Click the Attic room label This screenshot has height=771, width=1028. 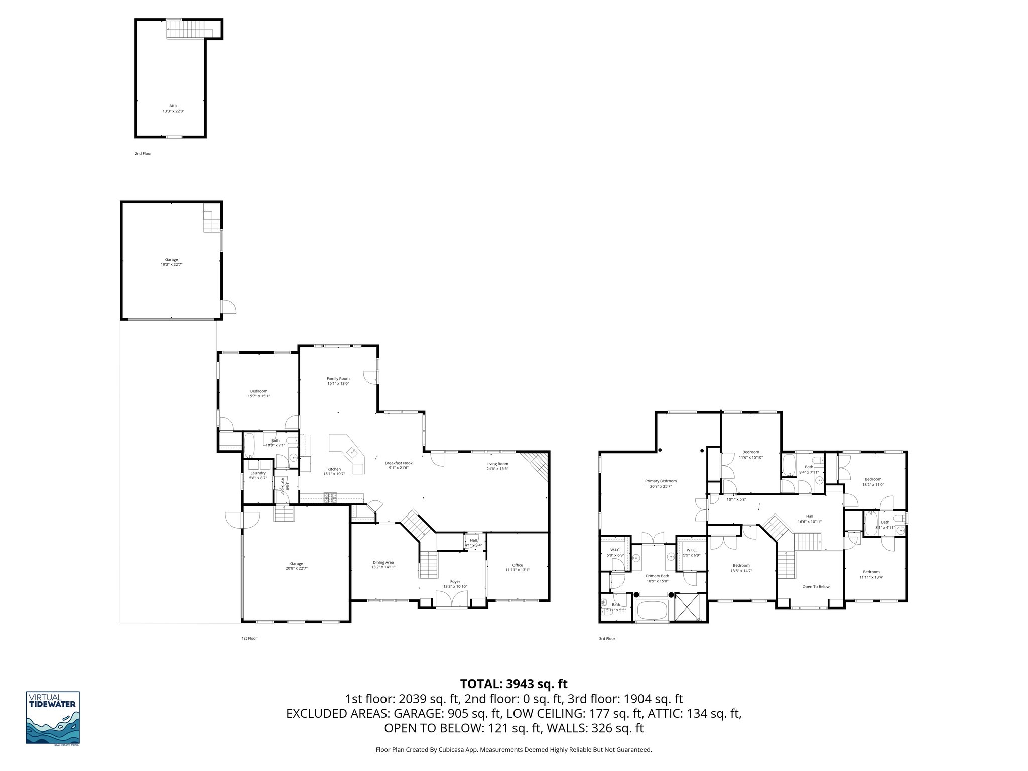coord(173,108)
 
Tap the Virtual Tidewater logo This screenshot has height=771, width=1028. coord(53,718)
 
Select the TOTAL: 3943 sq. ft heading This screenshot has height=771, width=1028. coord(513,684)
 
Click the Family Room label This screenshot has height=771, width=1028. coord(338,381)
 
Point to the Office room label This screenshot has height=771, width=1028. coord(517,567)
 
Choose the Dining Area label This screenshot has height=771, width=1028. coord(383,564)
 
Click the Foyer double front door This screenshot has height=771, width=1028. coord(452,600)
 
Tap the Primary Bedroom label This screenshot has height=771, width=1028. coord(661,483)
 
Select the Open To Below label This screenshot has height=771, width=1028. coord(816,587)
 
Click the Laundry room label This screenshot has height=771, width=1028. coord(258,475)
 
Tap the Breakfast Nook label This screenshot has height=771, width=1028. coord(399,465)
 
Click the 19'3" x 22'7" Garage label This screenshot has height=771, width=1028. coord(171,262)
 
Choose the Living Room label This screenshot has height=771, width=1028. coord(497,466)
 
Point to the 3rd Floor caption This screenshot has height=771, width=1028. coord(607,639)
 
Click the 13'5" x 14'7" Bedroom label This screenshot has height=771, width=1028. coord(741,568)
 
